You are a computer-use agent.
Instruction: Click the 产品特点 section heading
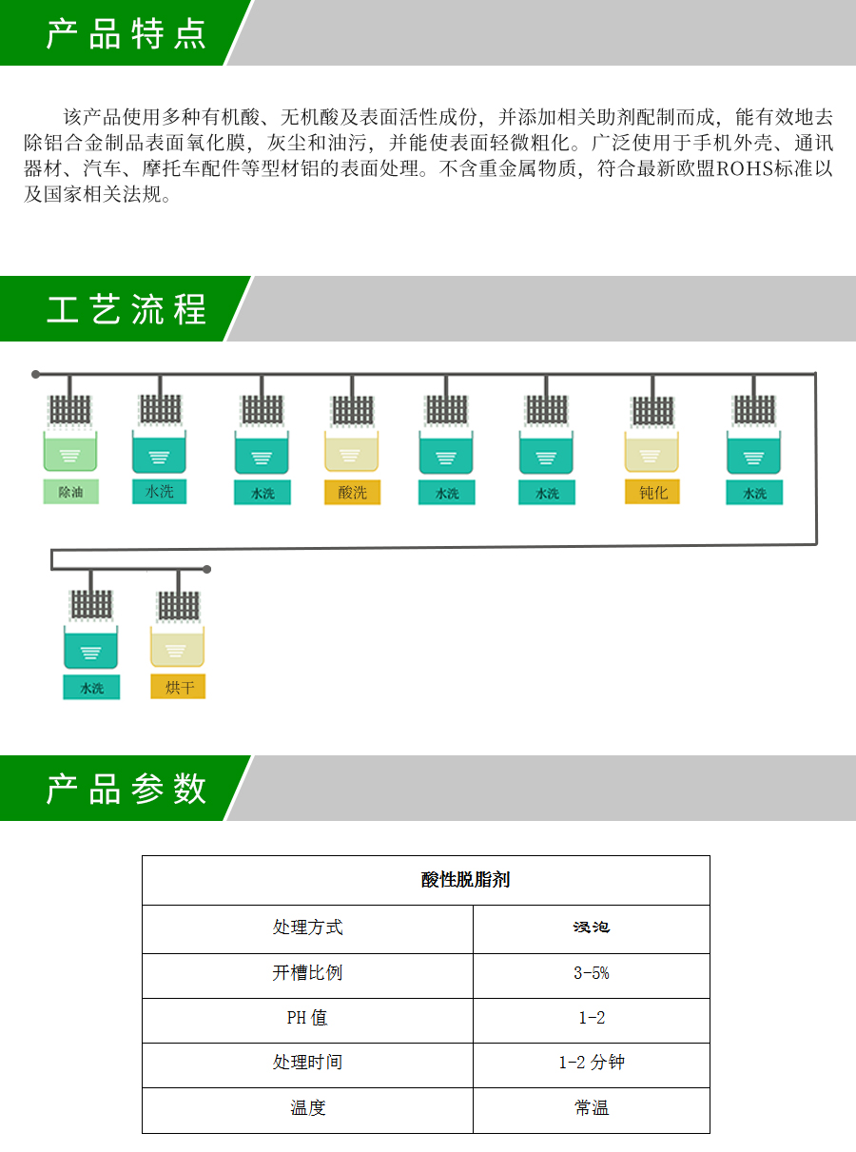(x=126, y=33)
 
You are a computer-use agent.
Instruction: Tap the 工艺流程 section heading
(x=126, y=310)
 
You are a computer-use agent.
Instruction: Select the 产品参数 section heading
(x=126, y=789)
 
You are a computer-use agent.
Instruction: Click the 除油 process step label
(x=70, y=492)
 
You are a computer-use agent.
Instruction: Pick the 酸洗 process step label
(x=352, y=493)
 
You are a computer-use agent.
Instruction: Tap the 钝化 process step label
(x=652, y=492)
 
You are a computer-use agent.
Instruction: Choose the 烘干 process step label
(x=178, y=687)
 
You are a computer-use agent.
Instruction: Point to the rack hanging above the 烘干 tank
(x=179, y=606)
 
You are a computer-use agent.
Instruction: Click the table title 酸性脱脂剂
(x=466, y=880)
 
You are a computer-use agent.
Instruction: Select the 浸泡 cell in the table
(x=591, y=927)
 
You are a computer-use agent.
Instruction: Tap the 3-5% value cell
(x=591, y=973)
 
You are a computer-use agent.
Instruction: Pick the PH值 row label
(x=307, y=1018)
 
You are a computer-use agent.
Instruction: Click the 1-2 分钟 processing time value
(x=591, y=1063)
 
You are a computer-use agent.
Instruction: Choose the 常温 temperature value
(x=591, y=1108)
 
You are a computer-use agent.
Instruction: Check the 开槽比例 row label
(x=307, y=973)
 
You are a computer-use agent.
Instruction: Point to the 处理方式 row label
(x=307, y=927)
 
